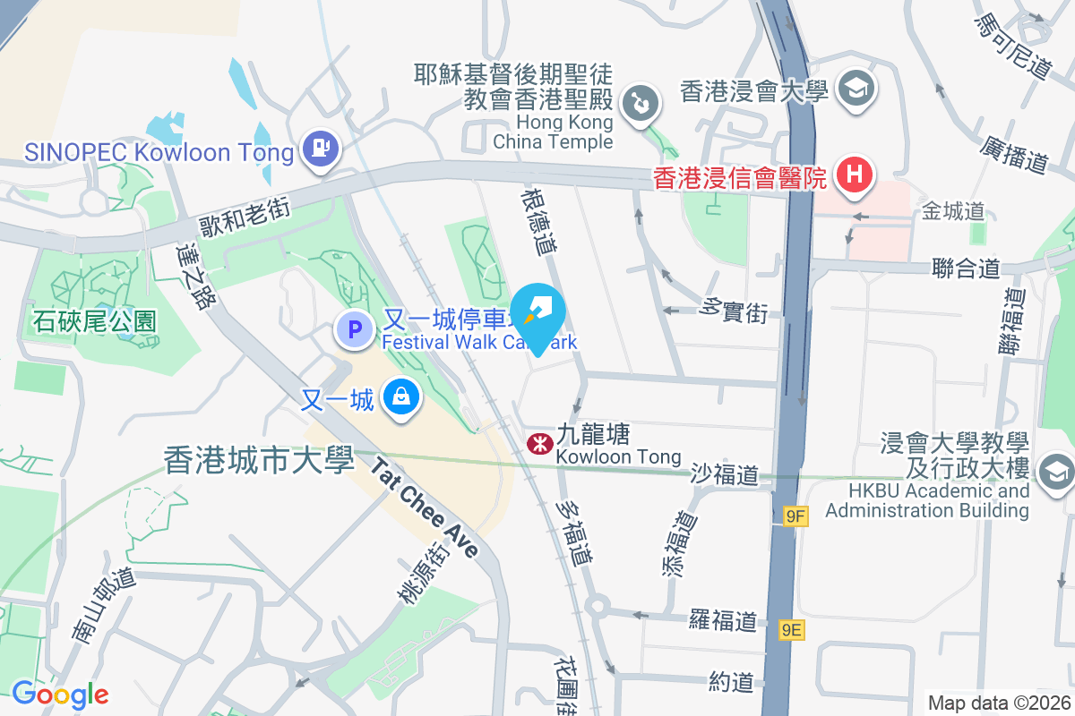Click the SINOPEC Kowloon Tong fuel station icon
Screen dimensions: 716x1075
(320, 149)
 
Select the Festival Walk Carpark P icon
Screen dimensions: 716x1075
(354, 329)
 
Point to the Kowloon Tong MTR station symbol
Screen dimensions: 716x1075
(539, 443)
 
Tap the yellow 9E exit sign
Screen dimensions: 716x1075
(792, 630)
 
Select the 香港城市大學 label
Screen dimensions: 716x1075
(254, 460)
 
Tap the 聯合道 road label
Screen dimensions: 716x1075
(966, 268)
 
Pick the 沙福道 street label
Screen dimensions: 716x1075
(725, 474)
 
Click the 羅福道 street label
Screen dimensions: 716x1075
(723, 619)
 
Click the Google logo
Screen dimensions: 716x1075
(60, 694)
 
